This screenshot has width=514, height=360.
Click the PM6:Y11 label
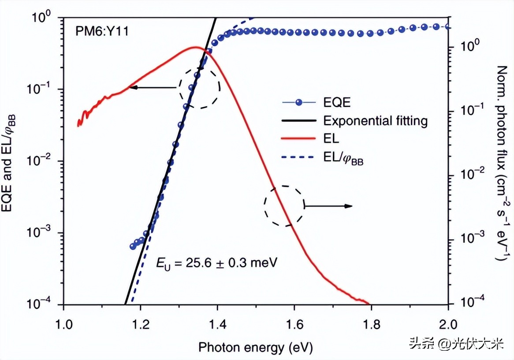(x=97, y=32)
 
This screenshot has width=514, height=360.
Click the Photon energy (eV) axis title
(x=255, y=347)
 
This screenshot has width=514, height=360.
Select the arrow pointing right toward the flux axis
(x=328, y=206)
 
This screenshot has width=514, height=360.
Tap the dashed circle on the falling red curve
(x=284, y=206)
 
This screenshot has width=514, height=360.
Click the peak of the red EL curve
(x=195, y=47)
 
